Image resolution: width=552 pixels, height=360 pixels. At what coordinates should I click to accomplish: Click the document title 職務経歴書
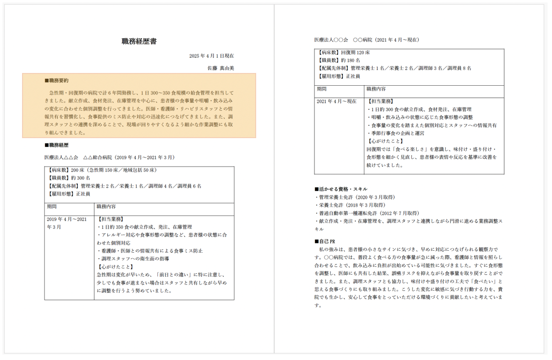139,42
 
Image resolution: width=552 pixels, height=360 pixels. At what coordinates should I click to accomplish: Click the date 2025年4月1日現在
211,56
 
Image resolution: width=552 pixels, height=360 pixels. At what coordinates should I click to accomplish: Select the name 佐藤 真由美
220,68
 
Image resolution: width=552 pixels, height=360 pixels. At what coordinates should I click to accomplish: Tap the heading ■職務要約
56,81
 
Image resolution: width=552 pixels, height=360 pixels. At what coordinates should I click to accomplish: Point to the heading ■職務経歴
56,145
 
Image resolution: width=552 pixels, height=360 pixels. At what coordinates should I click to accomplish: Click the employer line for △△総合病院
109,158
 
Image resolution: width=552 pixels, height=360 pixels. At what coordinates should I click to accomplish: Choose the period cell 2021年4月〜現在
336,101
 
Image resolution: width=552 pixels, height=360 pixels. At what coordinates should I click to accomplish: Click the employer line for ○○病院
366,40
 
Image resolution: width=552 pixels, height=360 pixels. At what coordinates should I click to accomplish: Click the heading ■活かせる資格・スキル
340,189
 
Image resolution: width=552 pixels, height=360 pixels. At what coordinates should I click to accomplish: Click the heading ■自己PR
325,241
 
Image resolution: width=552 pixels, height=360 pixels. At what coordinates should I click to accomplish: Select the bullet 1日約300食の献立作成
419,110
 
